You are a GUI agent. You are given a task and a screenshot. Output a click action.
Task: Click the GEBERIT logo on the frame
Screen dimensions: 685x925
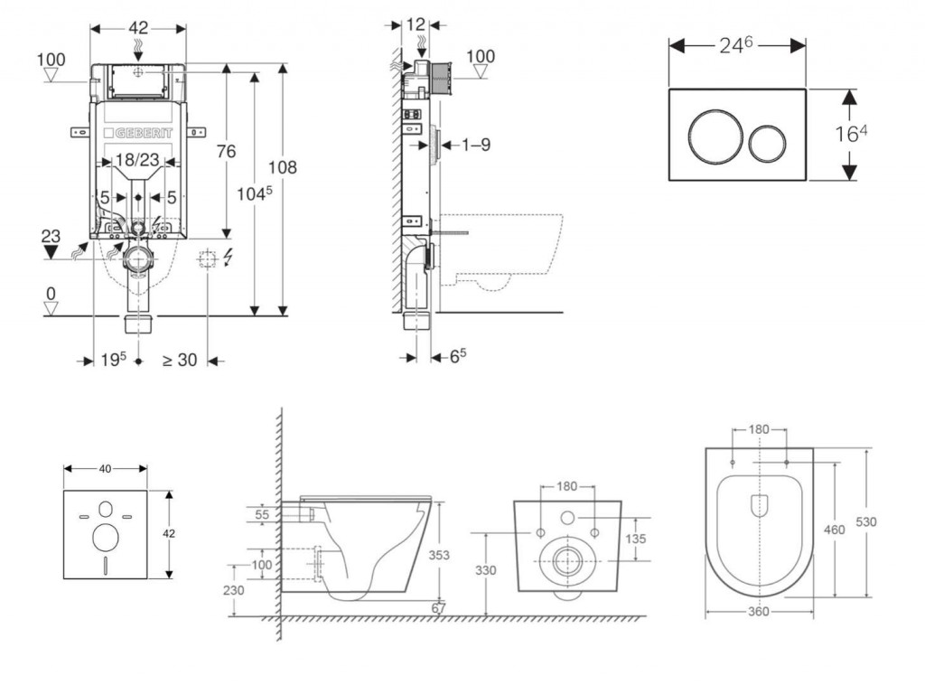pyautogui.click(x=139, y=134)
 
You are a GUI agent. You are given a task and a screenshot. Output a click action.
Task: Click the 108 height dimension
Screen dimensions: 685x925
pyautogui.click(x=282, y=167)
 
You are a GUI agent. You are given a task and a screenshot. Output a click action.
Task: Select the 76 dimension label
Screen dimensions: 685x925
pyautogui.click(x=225, y=151)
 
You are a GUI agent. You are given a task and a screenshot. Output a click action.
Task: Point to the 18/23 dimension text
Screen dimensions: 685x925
pyautogui.click(x=138, y=160)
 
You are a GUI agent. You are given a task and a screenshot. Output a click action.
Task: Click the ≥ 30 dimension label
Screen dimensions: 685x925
pyautogui.click(x=180, y=360)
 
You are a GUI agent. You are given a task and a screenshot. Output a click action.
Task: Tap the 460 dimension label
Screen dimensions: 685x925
pyautogui.click(x=835, y=530)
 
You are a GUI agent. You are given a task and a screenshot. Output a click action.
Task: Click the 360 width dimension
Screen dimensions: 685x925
pyautogui.click(x=759, y=612)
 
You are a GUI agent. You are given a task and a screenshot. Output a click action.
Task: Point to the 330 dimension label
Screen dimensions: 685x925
pyautogui.click(x=485, y=570)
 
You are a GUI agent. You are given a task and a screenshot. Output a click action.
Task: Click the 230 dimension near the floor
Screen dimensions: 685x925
pyautogui.click(x=234, y=589)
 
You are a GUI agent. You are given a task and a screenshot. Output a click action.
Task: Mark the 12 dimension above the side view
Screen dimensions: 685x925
pyautogui.click(x=416, y=24)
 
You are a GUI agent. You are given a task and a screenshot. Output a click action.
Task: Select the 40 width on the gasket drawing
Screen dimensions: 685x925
pyautogui.click(x=106, y=468)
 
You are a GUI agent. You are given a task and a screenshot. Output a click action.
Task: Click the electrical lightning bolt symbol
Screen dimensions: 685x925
pyautogui.click(x=227, y=259)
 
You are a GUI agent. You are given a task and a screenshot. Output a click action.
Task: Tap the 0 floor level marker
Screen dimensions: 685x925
pyautogui.click(x=51, y=294)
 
